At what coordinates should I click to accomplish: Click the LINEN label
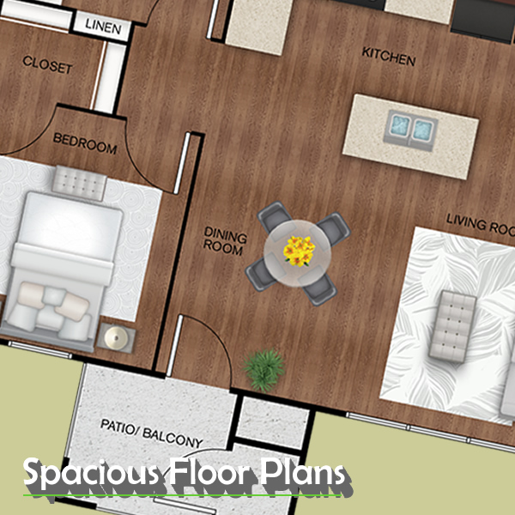click(x=103, y=27)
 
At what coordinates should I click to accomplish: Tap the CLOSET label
click(x=47, y=64)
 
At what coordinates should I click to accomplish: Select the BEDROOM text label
click(x=85, y=143)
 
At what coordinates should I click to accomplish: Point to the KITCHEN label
click(x=389, y=57)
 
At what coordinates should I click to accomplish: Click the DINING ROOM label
click(x=225, y=241)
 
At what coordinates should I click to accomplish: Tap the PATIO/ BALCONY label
click(x=151, y=433)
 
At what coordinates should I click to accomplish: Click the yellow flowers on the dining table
click(x=299, y=251)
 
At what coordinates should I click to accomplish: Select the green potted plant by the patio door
click(x=264, y=370)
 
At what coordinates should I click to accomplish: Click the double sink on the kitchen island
click(x=410, y=130)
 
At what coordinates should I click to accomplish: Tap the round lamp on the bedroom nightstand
click(x=116, y=337)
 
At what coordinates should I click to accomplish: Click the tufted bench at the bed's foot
click(x=80, y=183)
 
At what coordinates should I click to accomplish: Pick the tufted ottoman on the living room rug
click(x=453, y=326)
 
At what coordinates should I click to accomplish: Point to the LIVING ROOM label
click(x=481, y=224)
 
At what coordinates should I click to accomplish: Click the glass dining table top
click(x=298, y=253)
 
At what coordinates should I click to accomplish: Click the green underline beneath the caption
click(x=182, y=494)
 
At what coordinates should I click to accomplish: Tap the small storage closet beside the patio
click(x=272, y=422)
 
